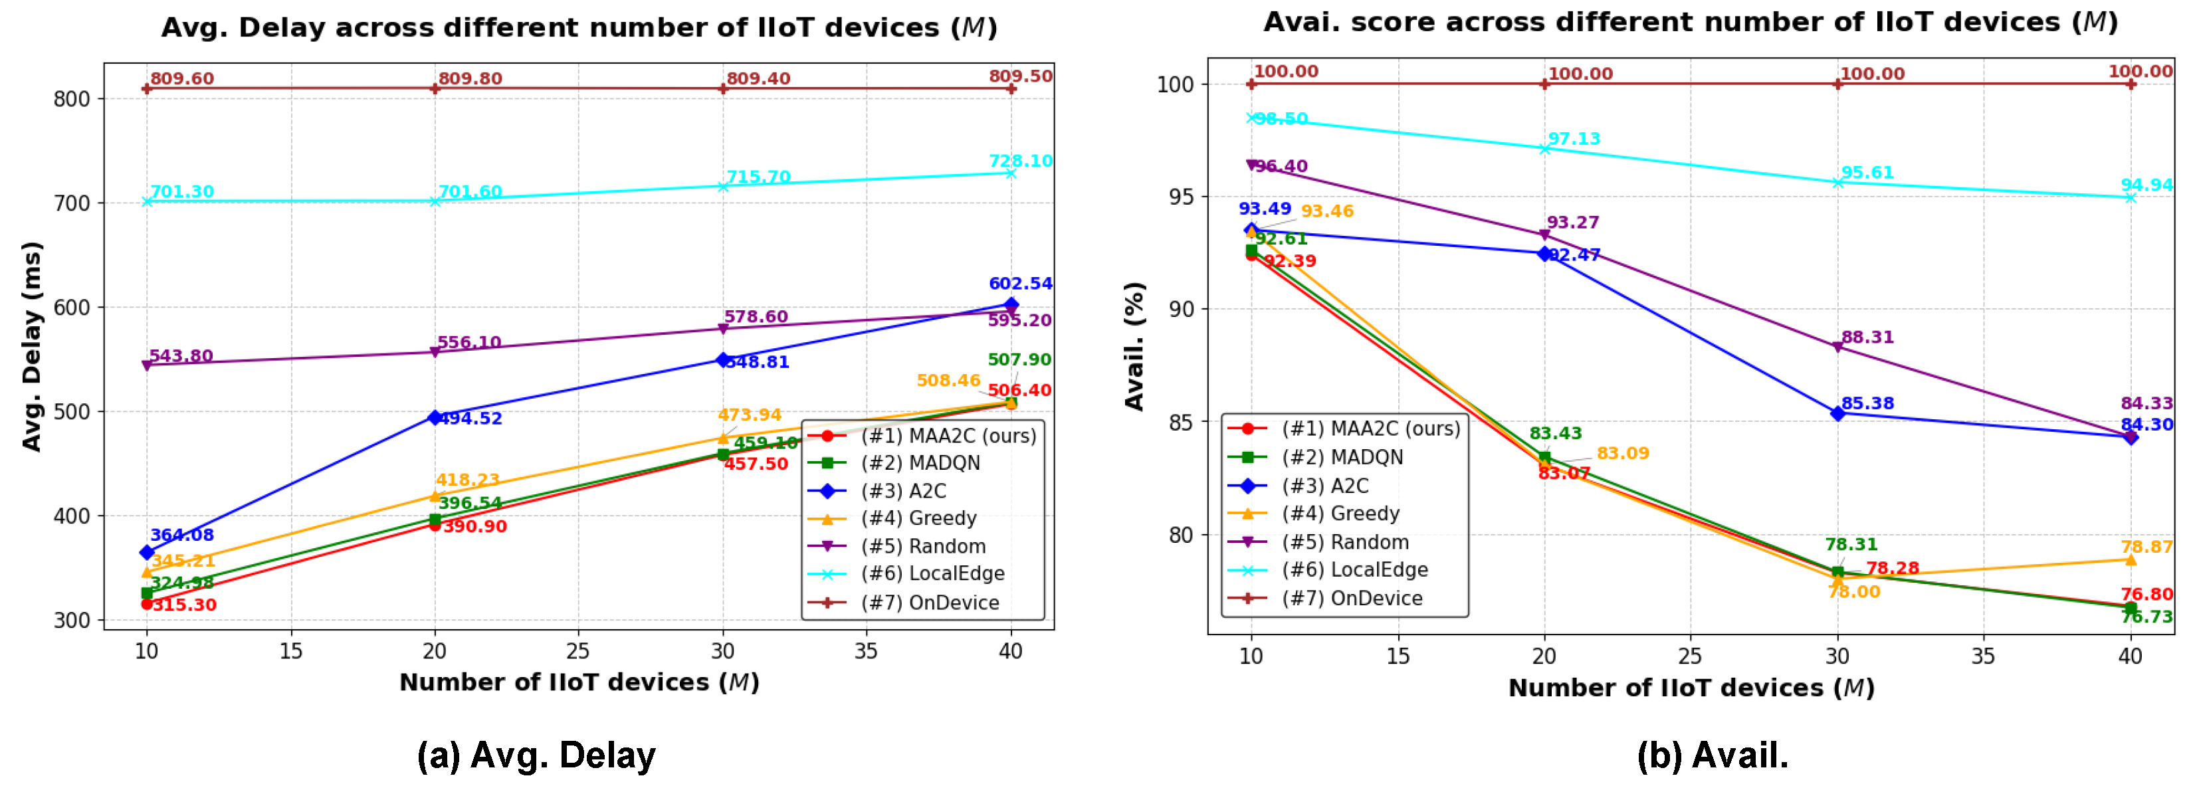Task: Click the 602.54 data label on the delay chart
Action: [x=1019, y=284]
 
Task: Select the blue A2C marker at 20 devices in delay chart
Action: [x=435, y=417]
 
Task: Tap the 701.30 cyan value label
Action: [x=181, y=191]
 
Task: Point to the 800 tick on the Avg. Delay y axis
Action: [x=72, y=99]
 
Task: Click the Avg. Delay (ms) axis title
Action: [x=31, y=346]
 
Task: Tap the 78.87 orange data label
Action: [x=2146, y=547]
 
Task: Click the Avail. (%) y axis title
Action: [x=1134, y=346]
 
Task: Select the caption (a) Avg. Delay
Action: [x=536, y=755]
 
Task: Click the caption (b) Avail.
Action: [x=1712, y=755]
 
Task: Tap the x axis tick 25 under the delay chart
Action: [x=577, y=652]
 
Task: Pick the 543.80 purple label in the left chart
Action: [x=181, y=355]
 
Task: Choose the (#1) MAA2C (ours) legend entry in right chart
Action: [x=1370, y=429]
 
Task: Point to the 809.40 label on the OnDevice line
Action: [x=758, y=78]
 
